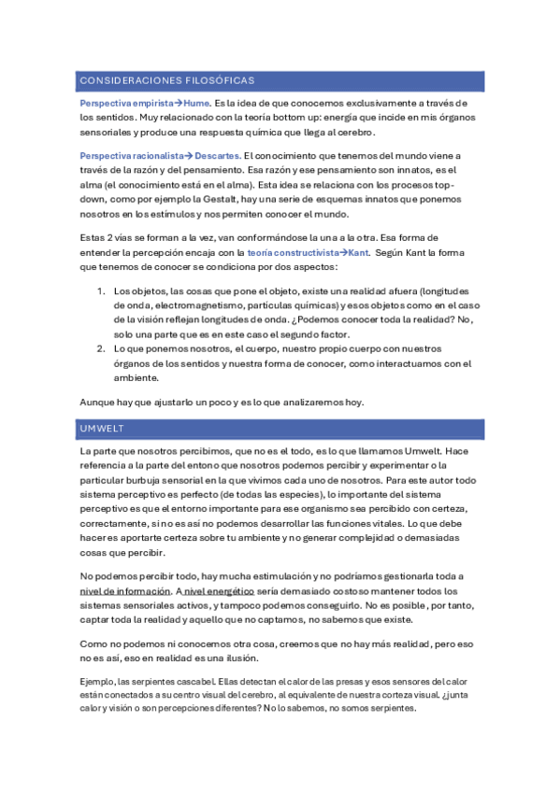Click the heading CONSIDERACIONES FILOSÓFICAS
click(x=166, y=80)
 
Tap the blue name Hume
click(x=196, y=103)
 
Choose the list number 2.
click(x=102, y=348)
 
